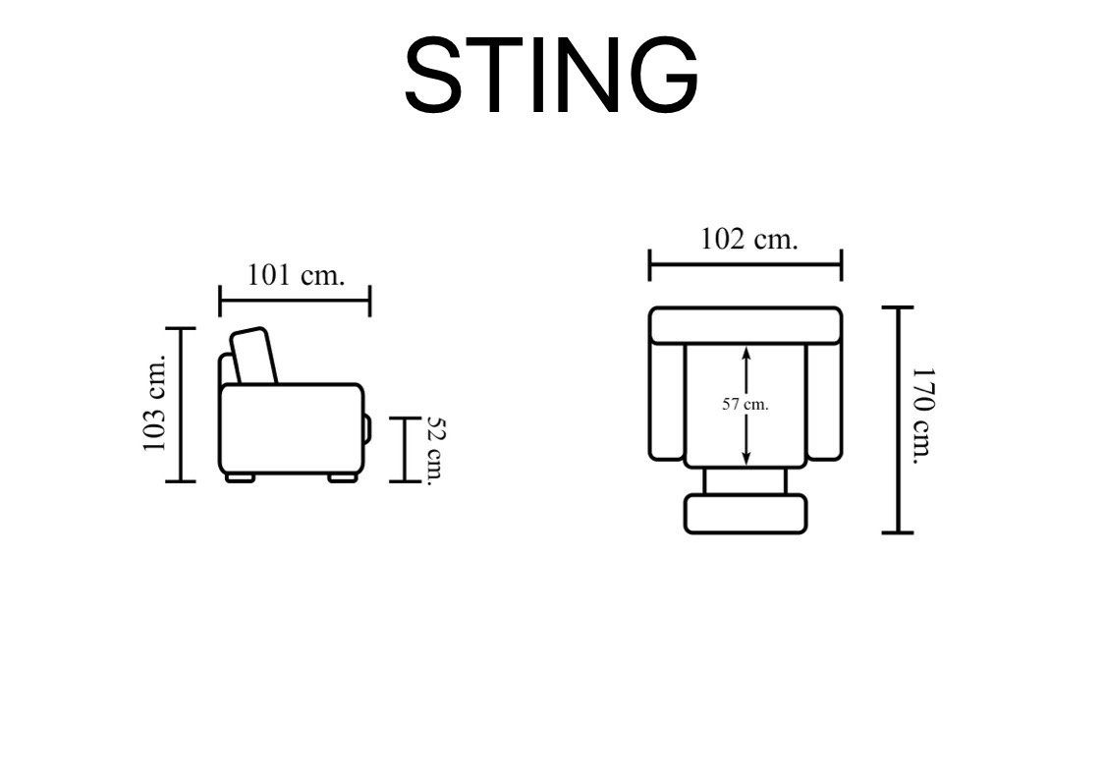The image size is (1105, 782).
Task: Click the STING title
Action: [551, 75]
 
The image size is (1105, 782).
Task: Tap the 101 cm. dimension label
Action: [296, 274]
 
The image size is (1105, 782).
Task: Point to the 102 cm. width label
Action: [749, 239]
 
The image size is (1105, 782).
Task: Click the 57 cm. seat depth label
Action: [745, 405]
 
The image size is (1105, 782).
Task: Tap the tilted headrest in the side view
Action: [253, 356]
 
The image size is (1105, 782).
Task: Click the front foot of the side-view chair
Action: [343, 478]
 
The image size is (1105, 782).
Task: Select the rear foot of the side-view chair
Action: [240, 478]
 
